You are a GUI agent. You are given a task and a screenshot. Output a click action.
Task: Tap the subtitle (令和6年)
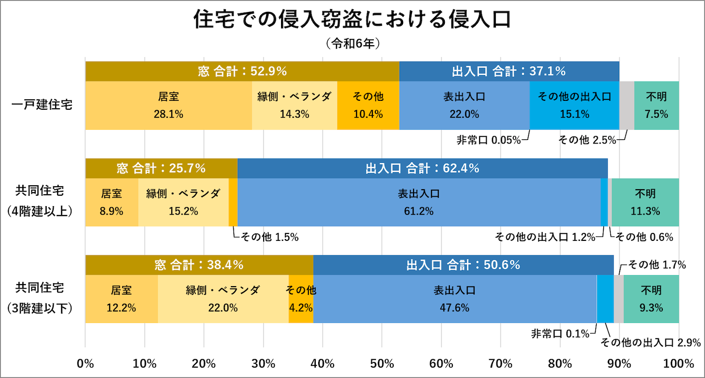tap(352, 44)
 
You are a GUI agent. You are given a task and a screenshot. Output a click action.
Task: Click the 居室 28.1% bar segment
tap(168, 105)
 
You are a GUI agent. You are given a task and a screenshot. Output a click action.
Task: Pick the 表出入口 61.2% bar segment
tap(419, 203)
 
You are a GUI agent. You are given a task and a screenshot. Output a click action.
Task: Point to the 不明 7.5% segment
tap(656, 105)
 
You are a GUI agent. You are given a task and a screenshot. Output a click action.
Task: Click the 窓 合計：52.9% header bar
tap(242, 72)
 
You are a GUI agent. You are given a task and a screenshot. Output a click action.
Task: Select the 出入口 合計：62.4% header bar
tap(423, 168)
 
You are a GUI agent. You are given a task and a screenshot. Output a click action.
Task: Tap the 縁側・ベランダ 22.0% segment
tap(223, 299)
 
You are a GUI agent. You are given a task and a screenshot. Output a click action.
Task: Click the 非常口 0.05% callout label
tap(489, 140)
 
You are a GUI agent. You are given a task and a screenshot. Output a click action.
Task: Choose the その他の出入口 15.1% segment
tap(574, 105)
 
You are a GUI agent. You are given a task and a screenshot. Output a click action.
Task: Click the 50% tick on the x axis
tap(382, 364)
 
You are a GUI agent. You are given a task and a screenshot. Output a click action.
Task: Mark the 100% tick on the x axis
tap(678, 364)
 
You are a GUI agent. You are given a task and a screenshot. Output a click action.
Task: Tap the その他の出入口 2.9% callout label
tap(650, 342)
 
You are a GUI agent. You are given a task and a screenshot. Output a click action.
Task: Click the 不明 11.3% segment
tap(645, 203)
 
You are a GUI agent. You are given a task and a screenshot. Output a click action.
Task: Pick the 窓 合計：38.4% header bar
tap(199, 265)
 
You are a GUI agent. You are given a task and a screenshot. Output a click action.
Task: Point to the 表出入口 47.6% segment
tap(455, 299)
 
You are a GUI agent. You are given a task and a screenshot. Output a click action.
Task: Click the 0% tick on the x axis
tap(86, 364)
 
